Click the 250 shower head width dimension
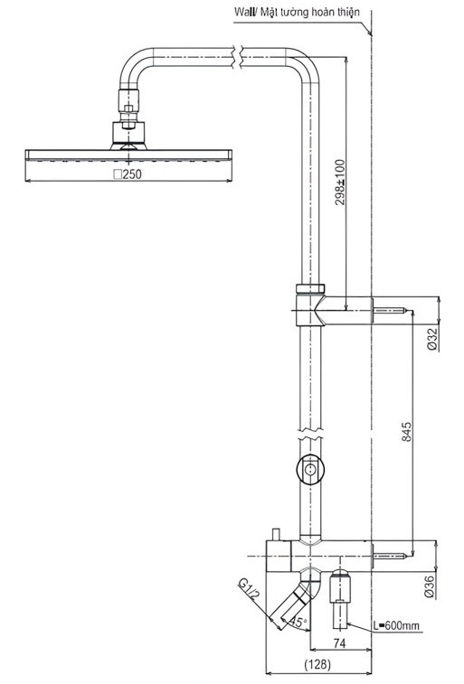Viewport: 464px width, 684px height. (x=128, y=174)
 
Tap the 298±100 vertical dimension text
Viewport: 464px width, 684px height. (x=340, y=183)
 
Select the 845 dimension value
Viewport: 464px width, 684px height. (x=406, y=431)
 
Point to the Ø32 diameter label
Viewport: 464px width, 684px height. (x=432, y=340)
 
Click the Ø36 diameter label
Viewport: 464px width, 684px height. (x=430, y=586)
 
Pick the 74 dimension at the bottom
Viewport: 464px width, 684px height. (x=339, y=643)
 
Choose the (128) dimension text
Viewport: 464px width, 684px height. (x=317, y=664)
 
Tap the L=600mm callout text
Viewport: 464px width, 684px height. (x=396, y=626)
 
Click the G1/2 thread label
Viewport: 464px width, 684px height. (x=250, y=590)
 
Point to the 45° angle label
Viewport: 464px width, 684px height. (x=298, y=622)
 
